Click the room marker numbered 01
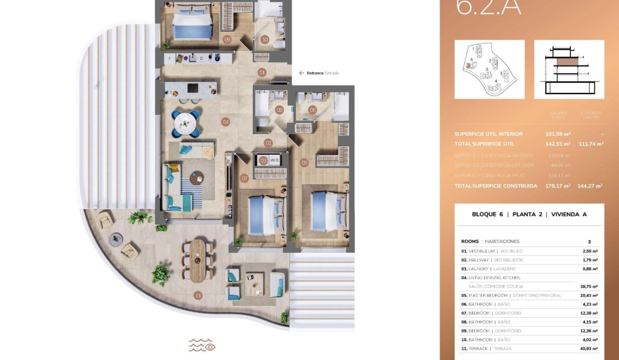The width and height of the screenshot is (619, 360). pyautogui.click(x=262, y=73)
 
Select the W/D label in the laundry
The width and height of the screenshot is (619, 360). pyautogui.click(x=274, y=160)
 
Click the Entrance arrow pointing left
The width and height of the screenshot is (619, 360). pyautogui.click(x=302, y=73)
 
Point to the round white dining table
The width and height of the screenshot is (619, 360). pyautogui.click(x=185, y=123)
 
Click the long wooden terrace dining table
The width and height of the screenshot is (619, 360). pyautogui.click(x=198, y=260)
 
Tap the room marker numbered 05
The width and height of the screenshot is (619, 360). pyautogui.click(x=304, y=163)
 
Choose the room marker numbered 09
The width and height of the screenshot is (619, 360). pyautogui.click(x=226, y=39)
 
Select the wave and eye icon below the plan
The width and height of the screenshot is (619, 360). pyautogui.click(x=202, y=345)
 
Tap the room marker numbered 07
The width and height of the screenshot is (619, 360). pyautogui.click(x=245, y=178)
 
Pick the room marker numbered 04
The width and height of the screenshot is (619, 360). pyautogui.click(x=225, y=122)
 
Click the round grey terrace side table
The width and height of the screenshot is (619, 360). pyautogui.click(x=117, y=238)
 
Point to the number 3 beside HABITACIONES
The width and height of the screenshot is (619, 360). pyautogui.click(x=589, y=241)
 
